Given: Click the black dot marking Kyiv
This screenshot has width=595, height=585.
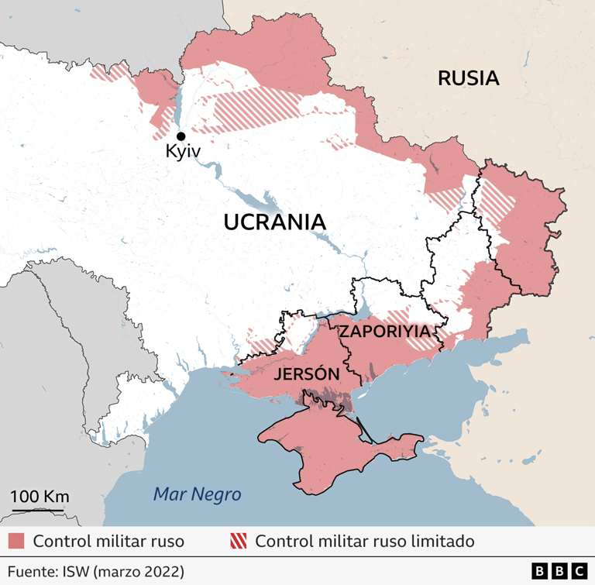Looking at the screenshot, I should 181,136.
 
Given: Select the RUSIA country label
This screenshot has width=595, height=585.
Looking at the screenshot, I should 468,77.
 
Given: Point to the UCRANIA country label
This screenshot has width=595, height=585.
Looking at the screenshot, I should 274,222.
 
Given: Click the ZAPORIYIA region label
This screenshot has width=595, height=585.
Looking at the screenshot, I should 385,331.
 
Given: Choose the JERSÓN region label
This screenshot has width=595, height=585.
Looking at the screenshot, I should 307,374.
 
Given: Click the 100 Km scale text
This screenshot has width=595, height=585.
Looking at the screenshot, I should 40,496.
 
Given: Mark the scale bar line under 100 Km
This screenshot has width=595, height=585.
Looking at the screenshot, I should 40,511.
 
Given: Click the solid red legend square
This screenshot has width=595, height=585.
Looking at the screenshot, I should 17,541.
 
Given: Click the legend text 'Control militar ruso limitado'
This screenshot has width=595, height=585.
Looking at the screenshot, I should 364,541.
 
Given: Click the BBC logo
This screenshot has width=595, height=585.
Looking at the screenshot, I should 559,571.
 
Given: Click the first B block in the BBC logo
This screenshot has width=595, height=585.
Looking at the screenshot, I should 540,571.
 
